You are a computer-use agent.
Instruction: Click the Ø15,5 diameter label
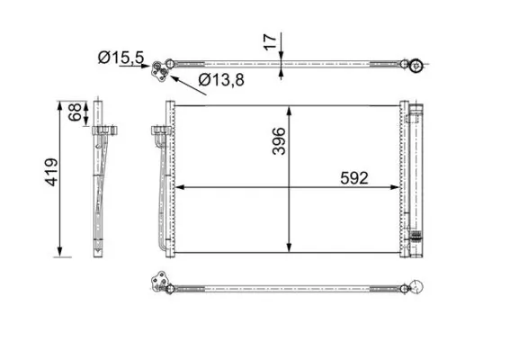click(x=119, y=58)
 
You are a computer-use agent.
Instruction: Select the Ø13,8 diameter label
click(x=219, y=81)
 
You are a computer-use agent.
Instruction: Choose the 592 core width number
click(x=353, y=178)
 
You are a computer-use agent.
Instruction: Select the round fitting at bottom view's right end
click(x=418, y=287)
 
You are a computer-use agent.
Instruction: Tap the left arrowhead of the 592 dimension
click(x=177, y=188)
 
